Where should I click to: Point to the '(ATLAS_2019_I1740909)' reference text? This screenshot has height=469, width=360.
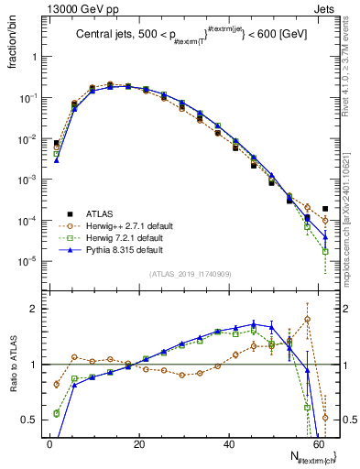click(190, 273)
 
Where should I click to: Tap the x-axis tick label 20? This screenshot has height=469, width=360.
click(138, 443)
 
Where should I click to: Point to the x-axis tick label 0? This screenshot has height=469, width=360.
click(49, 443)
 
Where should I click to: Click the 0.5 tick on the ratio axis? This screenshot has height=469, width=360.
click(29, 420)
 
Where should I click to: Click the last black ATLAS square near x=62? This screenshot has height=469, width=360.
click(325, 209)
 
